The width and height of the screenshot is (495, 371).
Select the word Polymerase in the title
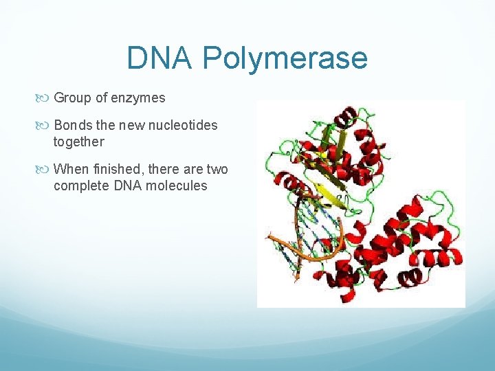(x=285, y=59)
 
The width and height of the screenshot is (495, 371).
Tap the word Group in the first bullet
(x=72, y=98)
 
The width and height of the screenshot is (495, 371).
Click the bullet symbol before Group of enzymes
(x=45, y=98)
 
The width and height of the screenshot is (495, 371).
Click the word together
(x=78, y=142)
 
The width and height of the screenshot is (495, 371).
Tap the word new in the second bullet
(x=131, y=125)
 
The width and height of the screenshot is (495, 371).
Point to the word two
(x=217, y=169)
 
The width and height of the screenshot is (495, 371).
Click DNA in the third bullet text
(x=123, y=185)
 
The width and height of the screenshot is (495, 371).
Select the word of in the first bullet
(x=101, y=98)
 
